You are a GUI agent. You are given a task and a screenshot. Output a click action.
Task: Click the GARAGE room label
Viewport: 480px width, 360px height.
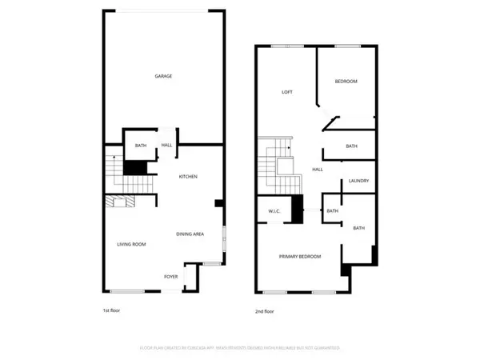coord(163,76)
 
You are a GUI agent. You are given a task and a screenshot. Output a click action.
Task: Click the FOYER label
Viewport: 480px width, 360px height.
coord(171,277)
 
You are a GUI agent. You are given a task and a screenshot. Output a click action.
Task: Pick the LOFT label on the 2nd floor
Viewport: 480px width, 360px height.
coord(286,92)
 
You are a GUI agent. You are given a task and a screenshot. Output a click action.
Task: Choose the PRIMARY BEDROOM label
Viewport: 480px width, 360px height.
coord(299,256)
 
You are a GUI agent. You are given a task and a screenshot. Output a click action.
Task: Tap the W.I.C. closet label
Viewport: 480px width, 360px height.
coord(272,211)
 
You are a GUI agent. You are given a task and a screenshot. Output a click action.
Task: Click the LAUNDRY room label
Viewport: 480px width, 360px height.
coord(358,181)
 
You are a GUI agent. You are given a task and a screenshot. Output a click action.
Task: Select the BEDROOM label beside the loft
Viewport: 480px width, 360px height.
coord(346,82)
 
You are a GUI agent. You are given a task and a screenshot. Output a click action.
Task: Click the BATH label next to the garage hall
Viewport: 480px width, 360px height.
coord(141,146)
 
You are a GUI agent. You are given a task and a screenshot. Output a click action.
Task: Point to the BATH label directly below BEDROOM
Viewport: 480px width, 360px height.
coord(351,146)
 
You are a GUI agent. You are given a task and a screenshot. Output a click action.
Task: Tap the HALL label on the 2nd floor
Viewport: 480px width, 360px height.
coord(317,170)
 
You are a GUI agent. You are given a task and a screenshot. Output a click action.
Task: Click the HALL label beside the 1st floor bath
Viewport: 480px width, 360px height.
coord(167,146)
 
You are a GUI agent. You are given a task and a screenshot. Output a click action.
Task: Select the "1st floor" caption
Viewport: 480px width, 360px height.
coord(111,310)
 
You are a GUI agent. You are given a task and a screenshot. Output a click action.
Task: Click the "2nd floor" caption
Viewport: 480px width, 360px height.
coord(263,310)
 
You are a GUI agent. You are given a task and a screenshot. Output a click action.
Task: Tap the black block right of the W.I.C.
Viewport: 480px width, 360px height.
coord(298,210)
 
